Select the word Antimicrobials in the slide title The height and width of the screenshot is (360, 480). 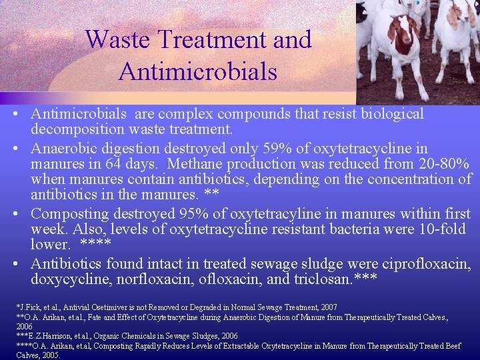point(198,70)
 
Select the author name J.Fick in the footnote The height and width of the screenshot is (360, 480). point(30,307)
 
